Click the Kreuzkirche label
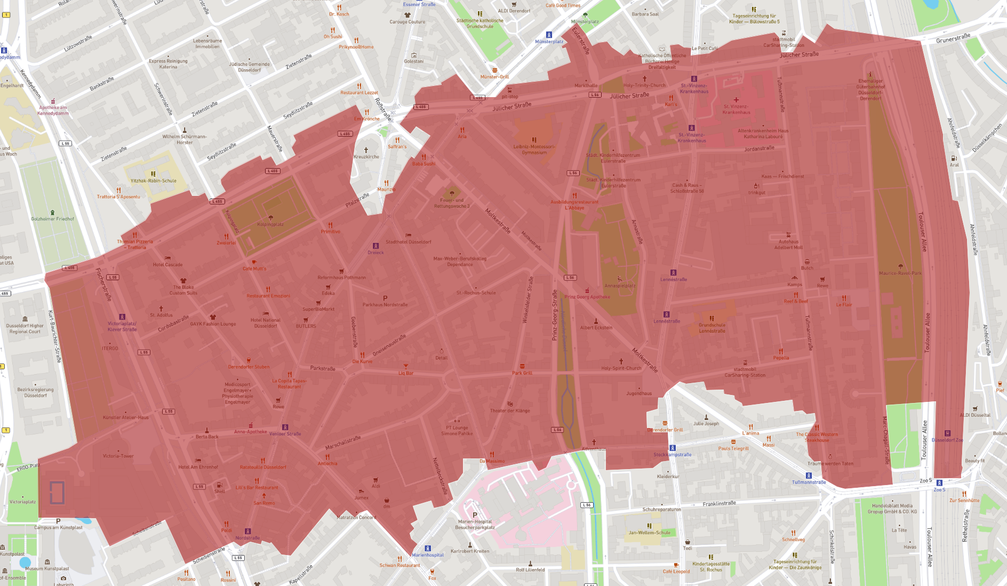click(366, 157)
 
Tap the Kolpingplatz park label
click(270, 224)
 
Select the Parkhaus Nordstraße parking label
click(385, 305)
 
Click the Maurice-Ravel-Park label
click(900, 273)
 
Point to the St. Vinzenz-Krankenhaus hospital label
click(736, 109)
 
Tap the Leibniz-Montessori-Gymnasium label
click(534, 149)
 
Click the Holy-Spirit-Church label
click(621, 368)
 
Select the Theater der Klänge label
click(510, 410)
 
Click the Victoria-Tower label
click(118, 456)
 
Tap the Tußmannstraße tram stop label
click(809, 482)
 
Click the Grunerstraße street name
click(953, 38)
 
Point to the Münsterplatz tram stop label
click(549, 41)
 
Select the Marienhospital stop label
click(428, 555)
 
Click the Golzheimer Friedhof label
click(52, 219)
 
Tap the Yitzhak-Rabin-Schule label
click(154, 180)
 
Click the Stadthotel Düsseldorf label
click(408, 242)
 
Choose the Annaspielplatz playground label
click(620, 286)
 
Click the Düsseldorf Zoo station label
click(947, 440)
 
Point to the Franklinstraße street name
click(719, 503)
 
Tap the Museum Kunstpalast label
click(47, 568)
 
